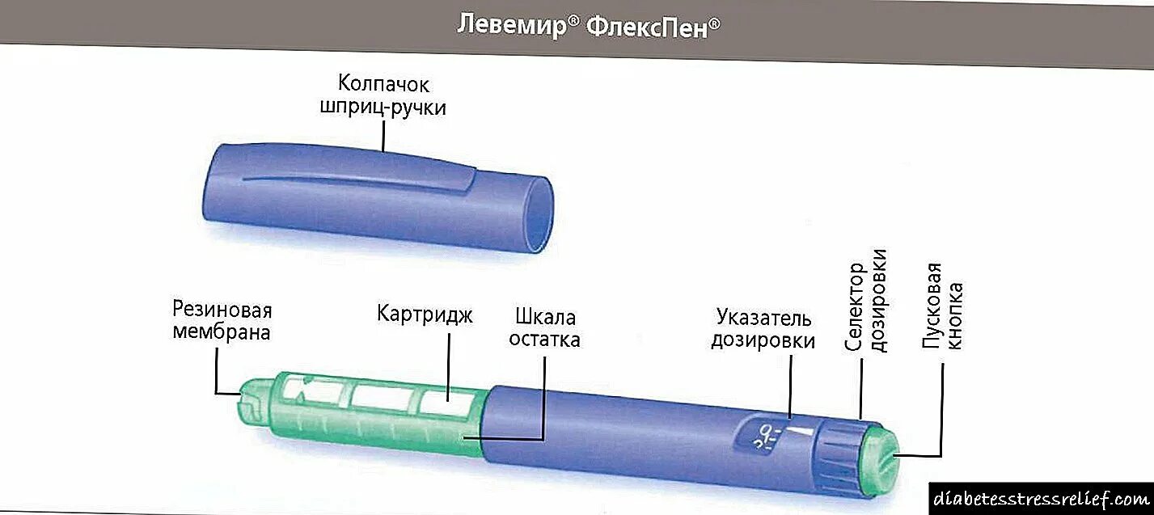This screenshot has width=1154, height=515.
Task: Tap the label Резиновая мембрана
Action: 222,321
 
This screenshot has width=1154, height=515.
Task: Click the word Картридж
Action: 424,313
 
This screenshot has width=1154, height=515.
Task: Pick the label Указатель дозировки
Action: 763,330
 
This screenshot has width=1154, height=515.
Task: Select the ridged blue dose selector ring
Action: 843,452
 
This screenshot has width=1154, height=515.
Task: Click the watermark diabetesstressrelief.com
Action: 1042,496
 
